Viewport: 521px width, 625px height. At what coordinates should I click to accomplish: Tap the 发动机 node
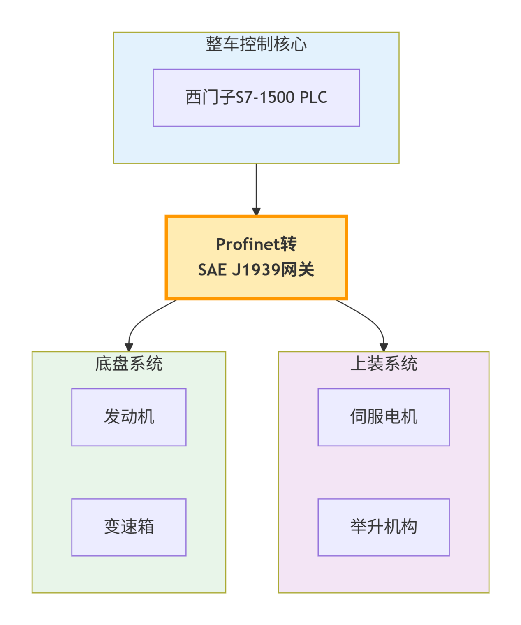click(x=129, y=417)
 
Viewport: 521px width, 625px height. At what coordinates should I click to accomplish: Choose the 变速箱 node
click(x=129, y=527)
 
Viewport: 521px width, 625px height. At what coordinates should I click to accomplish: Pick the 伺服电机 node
click(x=383, y=417)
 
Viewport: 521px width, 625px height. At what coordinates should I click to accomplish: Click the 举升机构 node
click(x=383, y=527)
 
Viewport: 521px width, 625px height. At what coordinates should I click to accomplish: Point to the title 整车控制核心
click(x=256, y=44)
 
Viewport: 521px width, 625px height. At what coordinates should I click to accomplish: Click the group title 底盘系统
click(x=129, y=364)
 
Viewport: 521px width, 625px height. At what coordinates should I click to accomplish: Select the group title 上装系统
click(x=383, y=364)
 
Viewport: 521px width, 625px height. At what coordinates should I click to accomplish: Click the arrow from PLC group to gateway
click(x=256, y=187)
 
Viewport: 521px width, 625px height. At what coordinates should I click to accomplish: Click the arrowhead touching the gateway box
click(x=256, y=211)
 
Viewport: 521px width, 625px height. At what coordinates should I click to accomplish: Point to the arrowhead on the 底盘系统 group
click(x=129, y=347)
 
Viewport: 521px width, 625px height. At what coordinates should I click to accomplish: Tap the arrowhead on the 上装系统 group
click(x=384, y=347)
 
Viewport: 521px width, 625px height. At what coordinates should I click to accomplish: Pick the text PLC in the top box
click(x=313, y=98)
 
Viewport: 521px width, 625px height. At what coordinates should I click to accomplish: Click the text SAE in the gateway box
click(x=212, y=270)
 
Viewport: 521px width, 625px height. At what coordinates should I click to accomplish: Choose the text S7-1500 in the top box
click(x=265, y=98)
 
